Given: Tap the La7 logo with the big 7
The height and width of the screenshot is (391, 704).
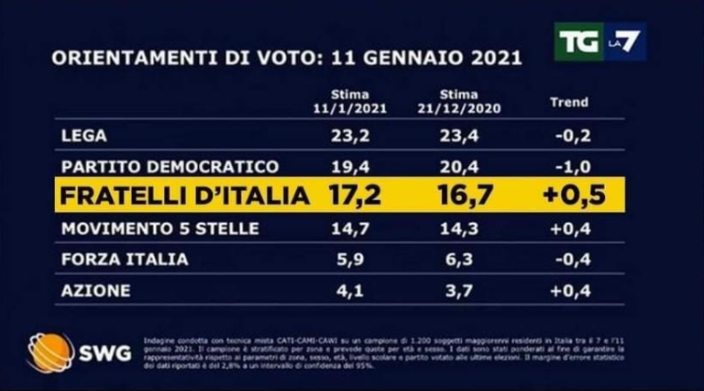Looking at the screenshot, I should (627, 41).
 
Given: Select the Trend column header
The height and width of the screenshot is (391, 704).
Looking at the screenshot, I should (568, 102).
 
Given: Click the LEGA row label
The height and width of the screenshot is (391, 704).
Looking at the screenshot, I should (83, 135).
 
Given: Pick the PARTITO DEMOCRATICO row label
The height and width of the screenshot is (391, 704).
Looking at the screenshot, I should (170, 166).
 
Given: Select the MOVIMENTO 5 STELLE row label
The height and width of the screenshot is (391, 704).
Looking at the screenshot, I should (159, 228).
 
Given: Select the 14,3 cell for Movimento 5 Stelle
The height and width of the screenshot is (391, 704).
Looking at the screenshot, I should (462, 228).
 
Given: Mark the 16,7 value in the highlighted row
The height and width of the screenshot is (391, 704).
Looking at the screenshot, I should (462, 195).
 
